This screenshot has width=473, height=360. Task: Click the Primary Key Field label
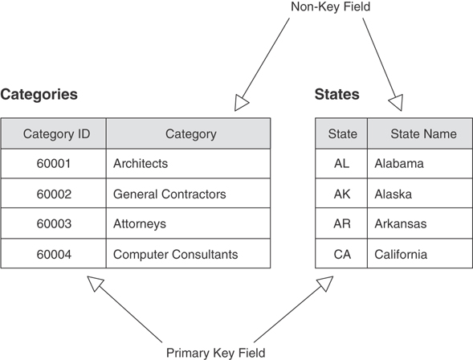(x=215, y=352)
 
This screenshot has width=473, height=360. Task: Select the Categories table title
(x=39, y=95)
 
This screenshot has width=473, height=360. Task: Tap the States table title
(x=337, y=95)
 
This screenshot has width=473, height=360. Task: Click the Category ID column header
(x=56, y=134)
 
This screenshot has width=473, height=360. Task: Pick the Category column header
(x=190, y=134)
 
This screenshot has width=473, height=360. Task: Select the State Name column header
(x=423, y=134)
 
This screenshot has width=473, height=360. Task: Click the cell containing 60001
(x=54, y=164)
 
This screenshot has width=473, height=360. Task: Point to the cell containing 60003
(x=54, y=224)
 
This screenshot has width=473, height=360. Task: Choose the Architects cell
(x=141, y=164)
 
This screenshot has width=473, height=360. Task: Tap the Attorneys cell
(x=140, y=224)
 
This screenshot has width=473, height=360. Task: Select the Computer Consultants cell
(x=175, y=255)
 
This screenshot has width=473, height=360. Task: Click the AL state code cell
(x=342, y=164)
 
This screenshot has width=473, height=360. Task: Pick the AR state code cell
(x=342, y=224)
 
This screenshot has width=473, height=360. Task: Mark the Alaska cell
(x=394, y=194)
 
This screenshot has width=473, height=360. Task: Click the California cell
(x=400, y=255)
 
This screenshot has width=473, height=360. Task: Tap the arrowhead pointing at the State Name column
(x=395, y=102)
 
